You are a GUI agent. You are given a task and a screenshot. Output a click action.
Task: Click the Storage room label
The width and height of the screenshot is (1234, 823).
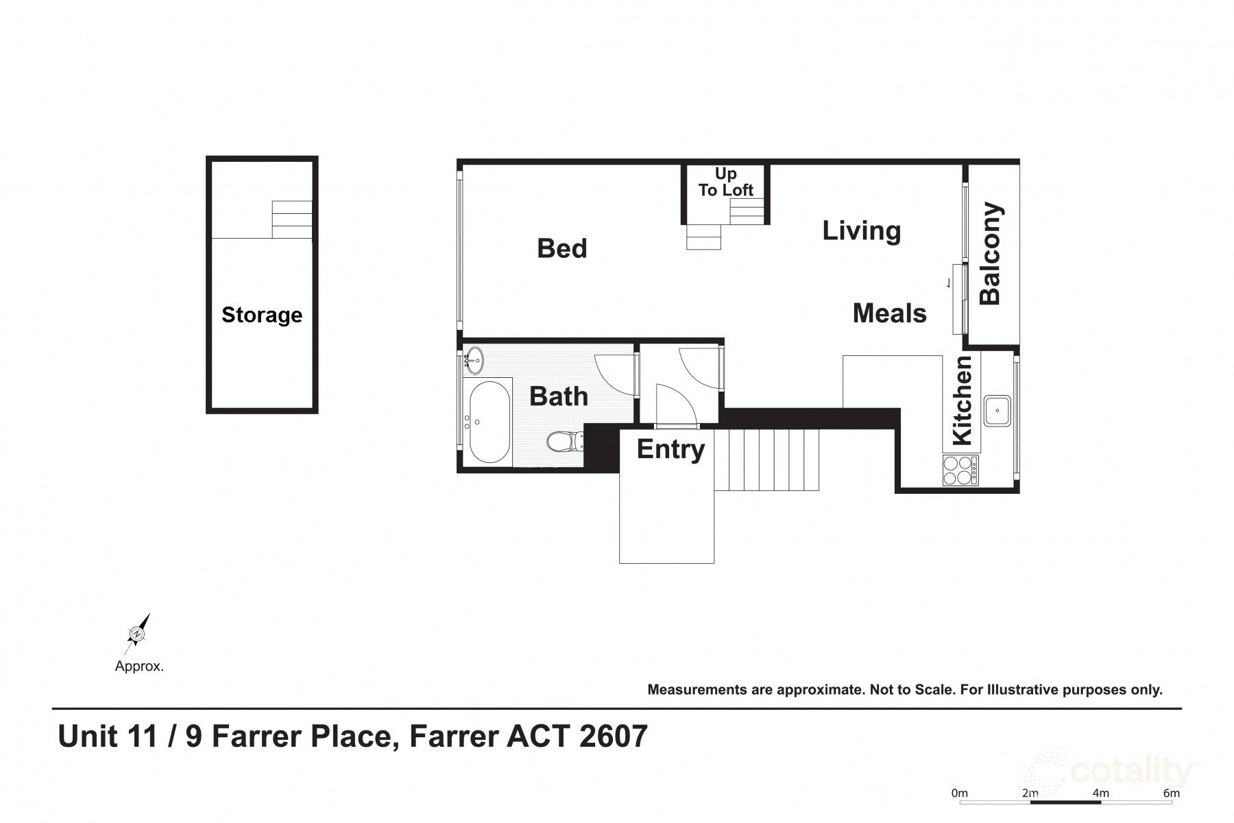(262, 315)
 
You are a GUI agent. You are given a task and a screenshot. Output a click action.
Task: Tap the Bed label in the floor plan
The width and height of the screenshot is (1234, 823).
(562, 248)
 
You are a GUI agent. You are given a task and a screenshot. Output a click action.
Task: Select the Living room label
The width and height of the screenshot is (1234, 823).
(861, 230)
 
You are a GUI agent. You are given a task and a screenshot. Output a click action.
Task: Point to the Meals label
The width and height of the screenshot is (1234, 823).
(889, 313)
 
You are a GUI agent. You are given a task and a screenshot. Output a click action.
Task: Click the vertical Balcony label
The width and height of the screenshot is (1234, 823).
(991, 253)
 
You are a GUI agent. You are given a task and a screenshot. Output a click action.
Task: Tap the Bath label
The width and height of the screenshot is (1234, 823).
(559, 396)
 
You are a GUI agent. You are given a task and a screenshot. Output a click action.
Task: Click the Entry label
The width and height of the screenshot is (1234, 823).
(670, 449)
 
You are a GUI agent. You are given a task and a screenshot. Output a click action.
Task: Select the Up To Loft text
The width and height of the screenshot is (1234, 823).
(725, 182)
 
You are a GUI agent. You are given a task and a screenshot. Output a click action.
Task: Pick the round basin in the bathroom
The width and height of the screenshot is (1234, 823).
(474, 359)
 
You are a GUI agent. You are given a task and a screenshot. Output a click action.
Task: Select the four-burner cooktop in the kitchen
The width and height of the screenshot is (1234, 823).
(961, 470)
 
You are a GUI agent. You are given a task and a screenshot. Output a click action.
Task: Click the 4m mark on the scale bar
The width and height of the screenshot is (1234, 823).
(1100, 794)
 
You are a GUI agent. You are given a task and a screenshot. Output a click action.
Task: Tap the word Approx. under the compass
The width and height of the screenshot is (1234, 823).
(139, 666)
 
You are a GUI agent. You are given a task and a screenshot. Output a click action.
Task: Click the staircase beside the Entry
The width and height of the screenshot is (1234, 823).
(768, 460)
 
